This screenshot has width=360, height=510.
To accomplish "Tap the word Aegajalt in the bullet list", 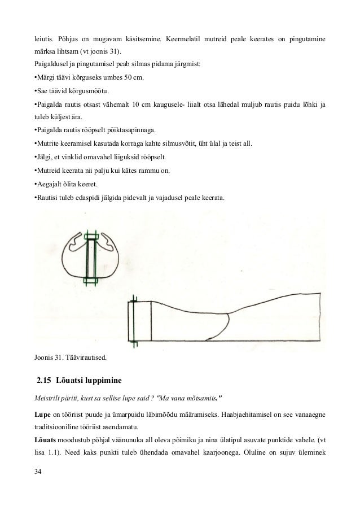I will click(x=49, y=185).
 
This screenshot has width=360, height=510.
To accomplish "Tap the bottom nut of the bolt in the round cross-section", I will click(x=91, y=280).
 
